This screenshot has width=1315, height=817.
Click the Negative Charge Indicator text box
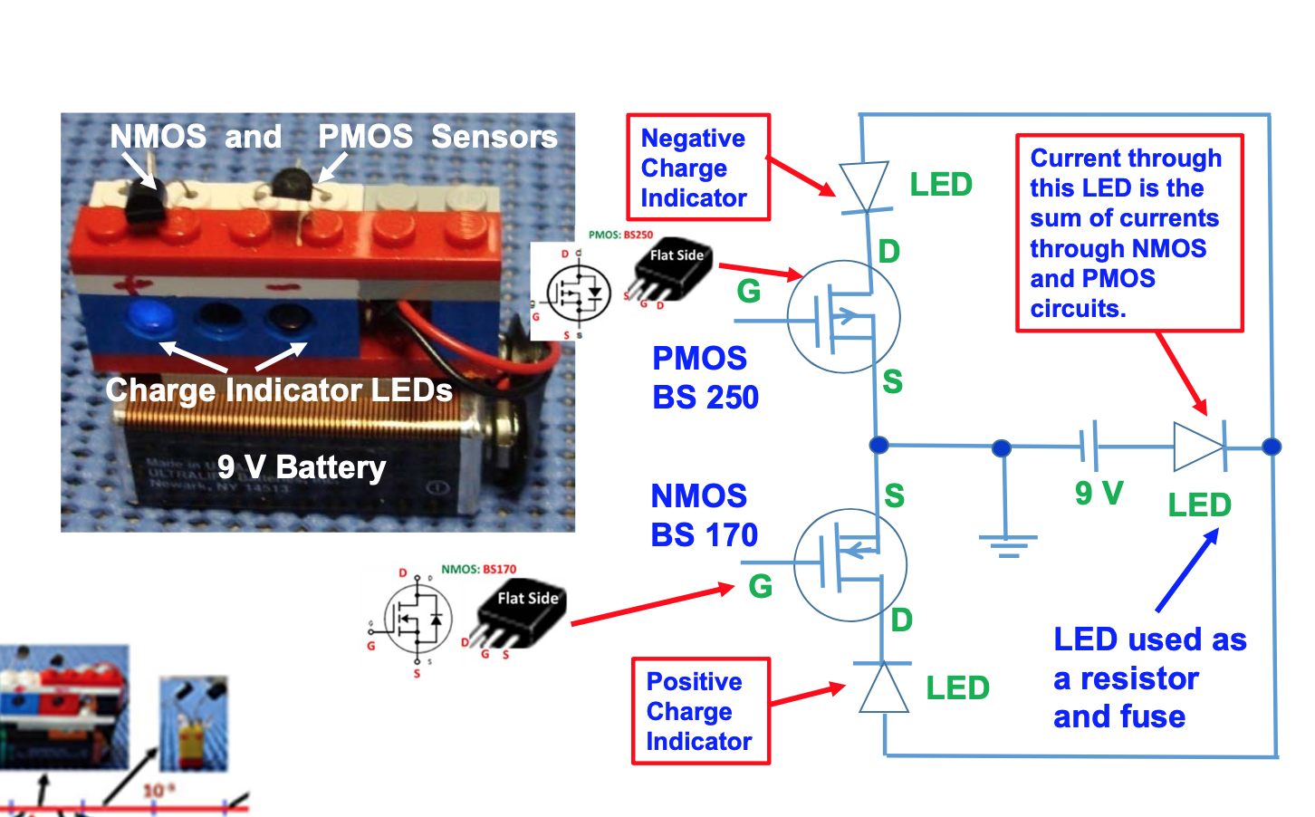[698, 168]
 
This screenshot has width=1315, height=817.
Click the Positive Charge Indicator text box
[700, 711]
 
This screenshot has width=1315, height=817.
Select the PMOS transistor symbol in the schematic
[844, 317]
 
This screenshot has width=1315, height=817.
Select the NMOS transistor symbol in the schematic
[849, 564]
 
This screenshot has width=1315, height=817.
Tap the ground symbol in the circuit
[1006, 544]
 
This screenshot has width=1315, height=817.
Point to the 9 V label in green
[1099, 494]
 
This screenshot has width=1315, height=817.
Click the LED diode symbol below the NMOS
[884, 687]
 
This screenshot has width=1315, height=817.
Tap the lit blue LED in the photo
[146, 316]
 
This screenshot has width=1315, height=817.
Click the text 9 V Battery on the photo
[302, 467]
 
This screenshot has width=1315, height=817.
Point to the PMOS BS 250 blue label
[705, 378]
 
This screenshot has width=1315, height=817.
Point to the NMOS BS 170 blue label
[704, 515]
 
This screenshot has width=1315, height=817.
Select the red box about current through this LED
[1128, 233]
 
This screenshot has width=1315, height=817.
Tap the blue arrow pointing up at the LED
[1187, 570]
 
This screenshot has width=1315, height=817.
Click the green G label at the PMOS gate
[748, 292]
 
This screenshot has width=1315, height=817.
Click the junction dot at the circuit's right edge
[1272, 447]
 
